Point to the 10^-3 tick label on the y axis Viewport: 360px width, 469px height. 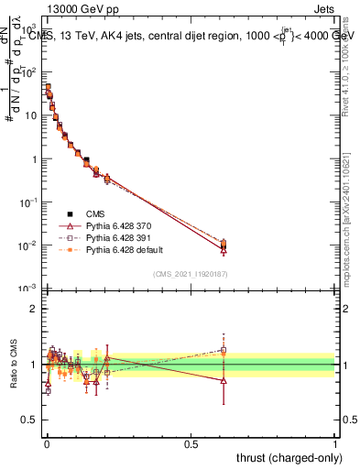pyautogui.click(x=30, y=289)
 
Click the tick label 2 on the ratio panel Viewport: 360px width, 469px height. pyautogui.click(x=36, y=309)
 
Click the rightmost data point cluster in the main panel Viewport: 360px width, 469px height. pyautogui.click(x=223, y=245)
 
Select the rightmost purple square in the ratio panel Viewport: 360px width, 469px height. pyautogui.click(x=223, y=350)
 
